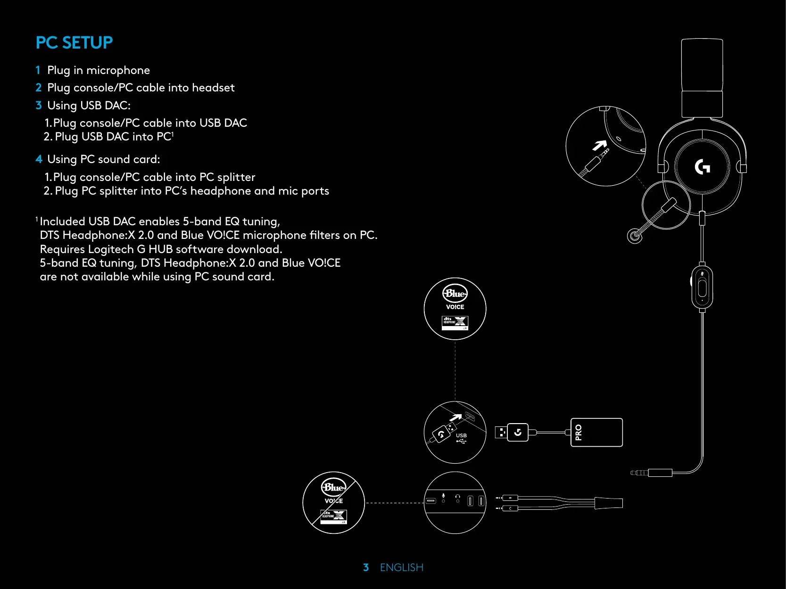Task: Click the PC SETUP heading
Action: (74, 43)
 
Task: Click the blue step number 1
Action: (38, 70)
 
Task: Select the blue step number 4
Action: (39, 159)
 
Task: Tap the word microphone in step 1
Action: (118, 70)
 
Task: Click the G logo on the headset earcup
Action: (702, 167)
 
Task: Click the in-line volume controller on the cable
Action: (702, 287)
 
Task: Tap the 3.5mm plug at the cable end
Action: (639, 473)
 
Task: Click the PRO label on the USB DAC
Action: (579, 432)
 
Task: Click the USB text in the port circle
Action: (461, 435)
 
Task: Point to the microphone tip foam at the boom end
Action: (634, 236)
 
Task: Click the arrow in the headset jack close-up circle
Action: (600, 146)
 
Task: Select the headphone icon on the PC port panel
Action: (457, 497)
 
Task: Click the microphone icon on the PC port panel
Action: (443, 497)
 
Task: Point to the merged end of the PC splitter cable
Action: (608, 503)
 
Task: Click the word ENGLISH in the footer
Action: (402, 567)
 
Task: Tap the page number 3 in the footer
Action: (366, 567)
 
